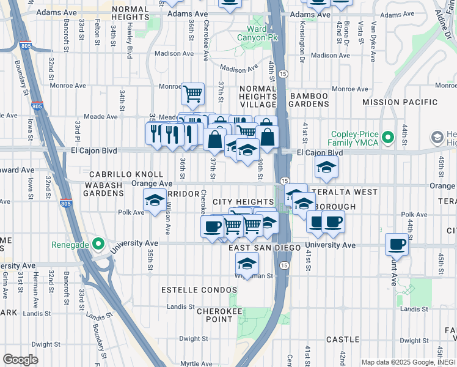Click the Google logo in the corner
(x=20, y=360)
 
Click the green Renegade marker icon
(x=97, y=244)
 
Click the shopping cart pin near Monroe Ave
(x=192, y=94)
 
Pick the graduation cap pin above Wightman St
(x=246, y=264)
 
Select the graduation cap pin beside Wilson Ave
(x=155, y=200)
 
